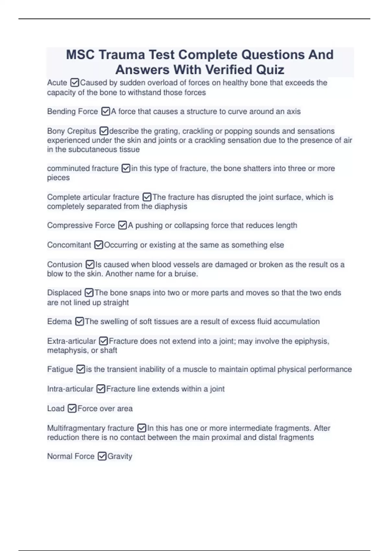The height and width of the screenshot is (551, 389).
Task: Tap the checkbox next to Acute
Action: [x=75, y=83]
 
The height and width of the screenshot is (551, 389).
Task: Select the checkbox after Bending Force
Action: [x=106, y=111]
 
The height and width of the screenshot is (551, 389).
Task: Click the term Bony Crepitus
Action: [x=72, y=131]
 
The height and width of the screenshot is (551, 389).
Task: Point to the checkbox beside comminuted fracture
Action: [x=126, y=168]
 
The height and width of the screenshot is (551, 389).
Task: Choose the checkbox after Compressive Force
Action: [x=123, y=225]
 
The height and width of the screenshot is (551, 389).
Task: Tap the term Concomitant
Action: [x=69, y=245]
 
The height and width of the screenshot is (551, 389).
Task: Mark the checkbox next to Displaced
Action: [x=89, y=293]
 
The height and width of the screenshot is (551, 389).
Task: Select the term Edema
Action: [x=59, y=322]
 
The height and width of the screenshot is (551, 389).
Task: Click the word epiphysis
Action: [x=312, y=341]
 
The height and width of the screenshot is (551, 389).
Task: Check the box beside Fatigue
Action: [x=81, y=369]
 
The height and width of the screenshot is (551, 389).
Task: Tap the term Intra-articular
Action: [x=70, y=389]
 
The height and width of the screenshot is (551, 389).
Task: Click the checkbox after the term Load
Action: [x=72, y=408]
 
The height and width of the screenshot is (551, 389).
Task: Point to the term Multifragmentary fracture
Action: [x=90, y=428]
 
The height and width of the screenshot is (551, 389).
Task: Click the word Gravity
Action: [x=120, y=456]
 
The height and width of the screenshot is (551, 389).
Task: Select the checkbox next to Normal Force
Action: [x=102, y=456]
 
